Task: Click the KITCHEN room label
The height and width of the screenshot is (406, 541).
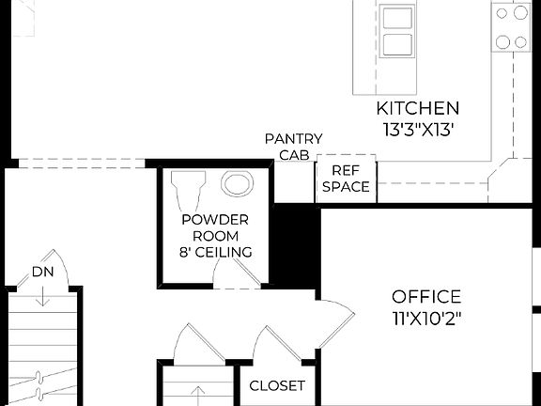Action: pos(417,108)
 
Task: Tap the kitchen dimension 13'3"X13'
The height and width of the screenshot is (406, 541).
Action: pos(417,130)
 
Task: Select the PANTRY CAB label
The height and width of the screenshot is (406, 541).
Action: pos(293,147)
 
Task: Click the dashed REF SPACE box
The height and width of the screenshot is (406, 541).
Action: pos(346,178)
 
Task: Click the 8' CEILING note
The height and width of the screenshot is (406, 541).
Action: pos(215,252)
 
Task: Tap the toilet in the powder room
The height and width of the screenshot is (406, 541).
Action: pos(189,193)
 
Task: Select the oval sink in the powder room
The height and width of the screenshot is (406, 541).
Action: pos(236,185)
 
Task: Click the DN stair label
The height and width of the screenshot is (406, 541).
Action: pos(42,272)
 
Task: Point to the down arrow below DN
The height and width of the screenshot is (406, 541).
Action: pos(42,296)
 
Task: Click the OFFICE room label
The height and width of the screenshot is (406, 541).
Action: pos(425,296)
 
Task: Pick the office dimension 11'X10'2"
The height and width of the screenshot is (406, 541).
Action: pos(425,318)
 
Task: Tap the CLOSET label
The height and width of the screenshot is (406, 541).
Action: pos(276,385)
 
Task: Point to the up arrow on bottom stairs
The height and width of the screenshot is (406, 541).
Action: pos(198,393)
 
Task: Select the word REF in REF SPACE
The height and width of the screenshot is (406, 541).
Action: pos(346,170)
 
